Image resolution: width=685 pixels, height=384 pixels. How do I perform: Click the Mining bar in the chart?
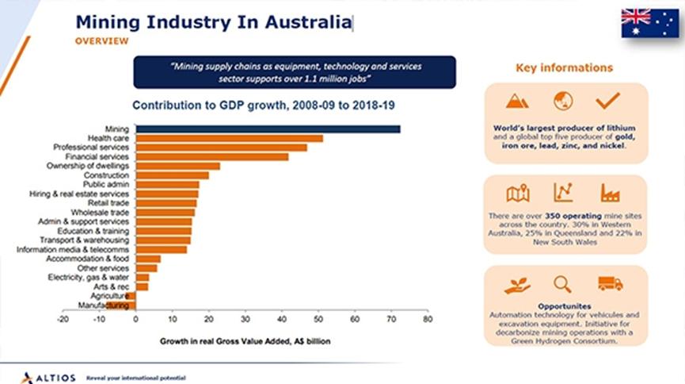click(268, 129)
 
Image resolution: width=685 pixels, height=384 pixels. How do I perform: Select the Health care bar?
click(230, 138)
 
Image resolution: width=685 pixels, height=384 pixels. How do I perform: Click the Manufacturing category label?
click(104, 305)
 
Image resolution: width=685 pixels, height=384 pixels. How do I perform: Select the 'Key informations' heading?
click(564, 68)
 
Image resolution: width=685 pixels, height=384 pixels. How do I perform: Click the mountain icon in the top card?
click(519, 101)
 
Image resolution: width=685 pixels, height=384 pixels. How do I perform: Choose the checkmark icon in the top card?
click(607, 101)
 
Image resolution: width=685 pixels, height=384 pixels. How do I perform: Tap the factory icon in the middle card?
click(610, 193)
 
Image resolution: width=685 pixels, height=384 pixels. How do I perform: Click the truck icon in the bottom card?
click(611, 283)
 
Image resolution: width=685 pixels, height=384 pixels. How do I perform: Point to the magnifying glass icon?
click(563, 283)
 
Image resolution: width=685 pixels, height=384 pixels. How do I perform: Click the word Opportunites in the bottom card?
click(564, 305)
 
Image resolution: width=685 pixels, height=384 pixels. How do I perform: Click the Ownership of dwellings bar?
click(178, 166)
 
